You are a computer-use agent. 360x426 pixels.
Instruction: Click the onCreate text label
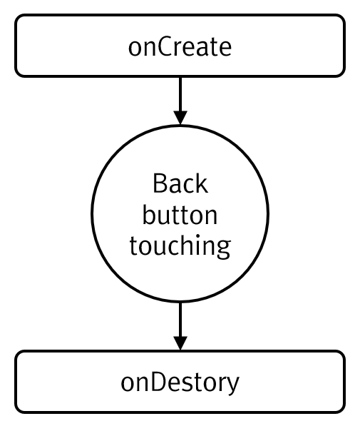click(180, 47)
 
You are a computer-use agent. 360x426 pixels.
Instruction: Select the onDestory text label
click(180, 383)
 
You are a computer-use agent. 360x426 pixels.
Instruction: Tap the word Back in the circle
click(180, 183)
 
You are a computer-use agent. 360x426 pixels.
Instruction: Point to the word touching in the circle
click(180, 246)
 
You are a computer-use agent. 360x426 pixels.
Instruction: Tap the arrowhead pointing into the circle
click(180, 118)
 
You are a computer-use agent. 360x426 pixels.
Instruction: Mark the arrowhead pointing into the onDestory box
click(180, 343)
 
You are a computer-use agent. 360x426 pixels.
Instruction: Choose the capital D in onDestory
click(158, 382)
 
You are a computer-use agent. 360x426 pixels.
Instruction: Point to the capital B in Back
click(160, 183)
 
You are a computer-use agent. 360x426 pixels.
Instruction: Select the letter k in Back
click(202, 183)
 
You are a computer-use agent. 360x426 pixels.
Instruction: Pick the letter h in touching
click(190, 245)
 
